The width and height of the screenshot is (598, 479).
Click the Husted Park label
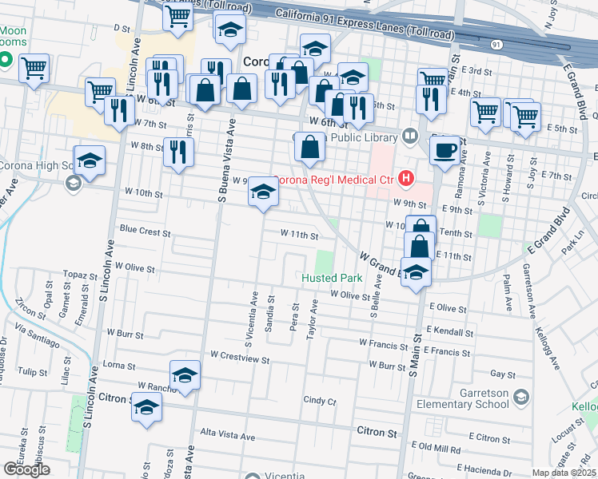point(332,279)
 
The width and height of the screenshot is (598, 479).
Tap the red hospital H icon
point(406,178)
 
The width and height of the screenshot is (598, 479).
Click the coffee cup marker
point(445,150)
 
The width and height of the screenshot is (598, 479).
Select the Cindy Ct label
point(320,400)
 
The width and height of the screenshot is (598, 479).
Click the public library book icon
point(410,137)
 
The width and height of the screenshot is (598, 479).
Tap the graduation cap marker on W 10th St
point(263,192)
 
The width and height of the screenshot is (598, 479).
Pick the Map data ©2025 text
point(564,473)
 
